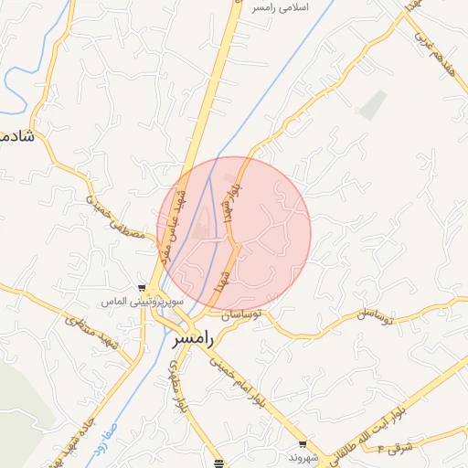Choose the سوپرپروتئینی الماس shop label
point(142,300)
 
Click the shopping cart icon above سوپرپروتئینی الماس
point(141,286)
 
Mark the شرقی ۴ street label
point(400,449)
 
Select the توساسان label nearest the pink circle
point(240,314)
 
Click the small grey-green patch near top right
point(372,106)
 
